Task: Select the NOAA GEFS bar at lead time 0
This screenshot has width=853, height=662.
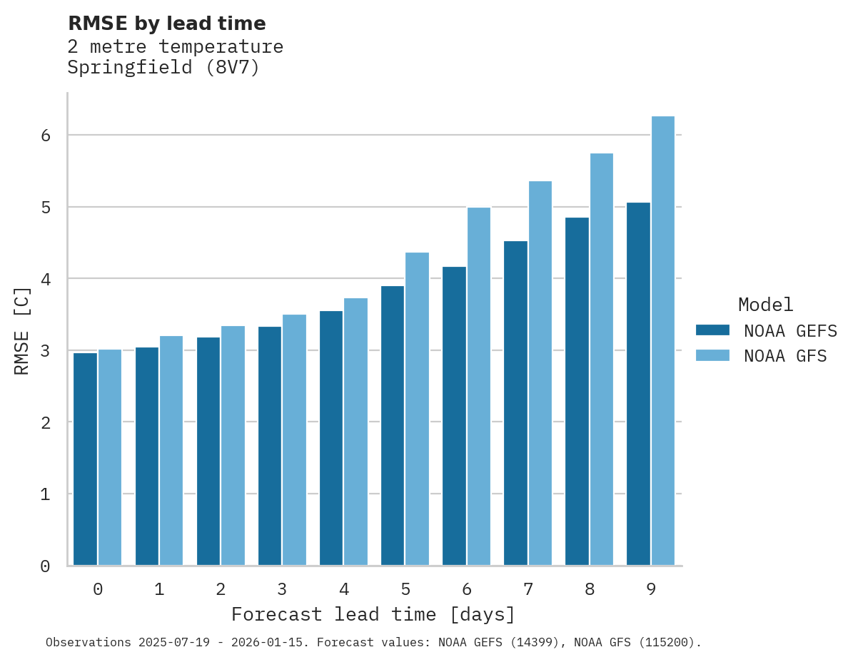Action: pos(86,459)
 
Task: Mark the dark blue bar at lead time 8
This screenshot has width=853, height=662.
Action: pos(577,392)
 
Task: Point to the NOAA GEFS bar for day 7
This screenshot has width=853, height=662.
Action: pos(515,404)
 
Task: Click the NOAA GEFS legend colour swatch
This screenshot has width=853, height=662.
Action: pos(712,330)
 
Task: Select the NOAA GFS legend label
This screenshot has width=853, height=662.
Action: pos(785,356)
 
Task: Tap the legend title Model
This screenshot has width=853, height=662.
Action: pos(765,305)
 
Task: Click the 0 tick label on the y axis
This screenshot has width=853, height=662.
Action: pos(44,566)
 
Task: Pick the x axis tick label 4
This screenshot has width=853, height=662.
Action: pos(344,590)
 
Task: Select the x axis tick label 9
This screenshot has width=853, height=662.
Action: pos(651,590)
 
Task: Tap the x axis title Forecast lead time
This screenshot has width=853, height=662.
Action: pos(373,614)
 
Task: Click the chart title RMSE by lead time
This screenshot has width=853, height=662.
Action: pos(167,24)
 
